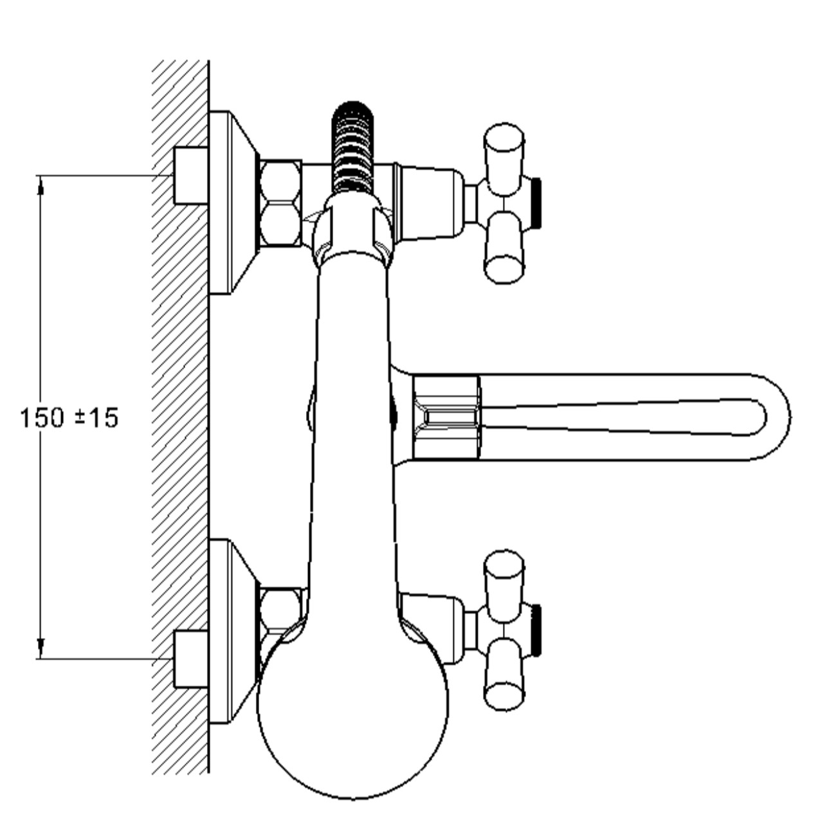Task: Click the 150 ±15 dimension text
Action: pyautogui.click(x=69, y=418)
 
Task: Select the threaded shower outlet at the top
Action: pyautogui.click(x=352, y=147)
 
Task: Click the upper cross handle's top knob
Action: pyautogui.click(x=504, y=159)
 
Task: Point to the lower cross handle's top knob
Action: pyautogui.click(x=504, y=586)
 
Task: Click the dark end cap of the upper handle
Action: pyautogui.click(x=536, y=203)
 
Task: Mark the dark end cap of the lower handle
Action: pyautogui.click(x=536, y=630)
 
